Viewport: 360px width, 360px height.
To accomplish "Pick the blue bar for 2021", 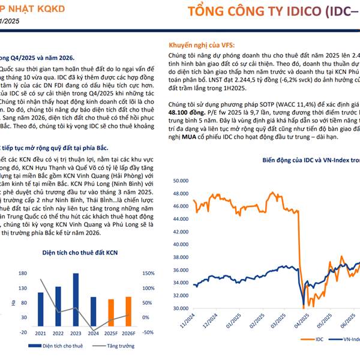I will pyautogui.click(x=40, y=308).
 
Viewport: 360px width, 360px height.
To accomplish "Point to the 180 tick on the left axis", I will pyautogui.click(x=23, y=273).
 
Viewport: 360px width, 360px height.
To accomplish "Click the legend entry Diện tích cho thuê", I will pyautogui.click(x=61, y=346).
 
